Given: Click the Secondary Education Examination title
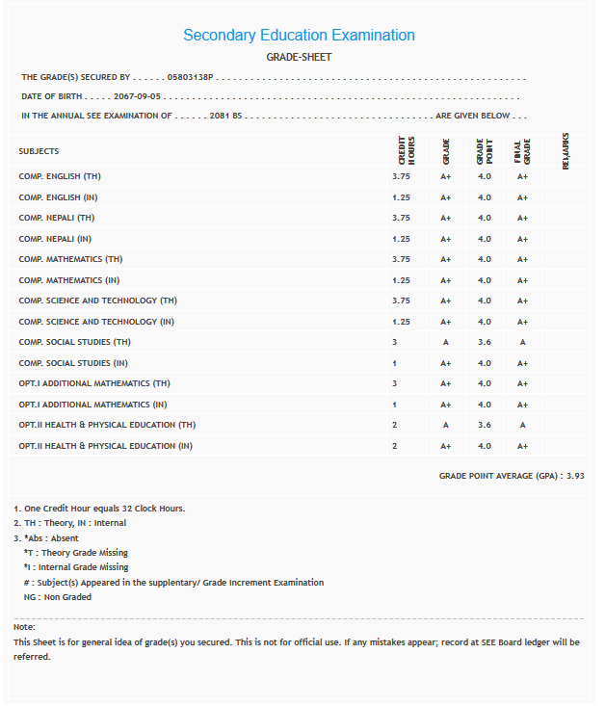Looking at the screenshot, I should click(299, 36).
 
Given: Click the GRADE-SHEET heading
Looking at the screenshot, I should click(299, 57).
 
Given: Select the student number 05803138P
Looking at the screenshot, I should click(190, 77).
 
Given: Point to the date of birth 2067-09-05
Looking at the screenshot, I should click(137, 96).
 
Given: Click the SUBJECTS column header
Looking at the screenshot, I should click(39, 151).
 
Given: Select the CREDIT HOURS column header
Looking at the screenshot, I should click(406, 151).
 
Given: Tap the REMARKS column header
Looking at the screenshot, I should click(566, 151).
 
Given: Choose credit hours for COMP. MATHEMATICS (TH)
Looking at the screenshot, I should click(402, 260).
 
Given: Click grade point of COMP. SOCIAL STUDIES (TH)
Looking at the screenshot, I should click(484, 343).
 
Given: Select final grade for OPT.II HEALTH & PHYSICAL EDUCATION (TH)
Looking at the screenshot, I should click(522, 426).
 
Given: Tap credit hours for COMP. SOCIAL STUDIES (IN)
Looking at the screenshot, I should click(395, 363).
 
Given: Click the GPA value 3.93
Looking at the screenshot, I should click(575, 476).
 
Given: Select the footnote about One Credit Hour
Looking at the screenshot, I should click(99, 509).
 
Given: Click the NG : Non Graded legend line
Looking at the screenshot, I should click(58, 597).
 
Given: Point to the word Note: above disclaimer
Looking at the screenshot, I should click(25, 627).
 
